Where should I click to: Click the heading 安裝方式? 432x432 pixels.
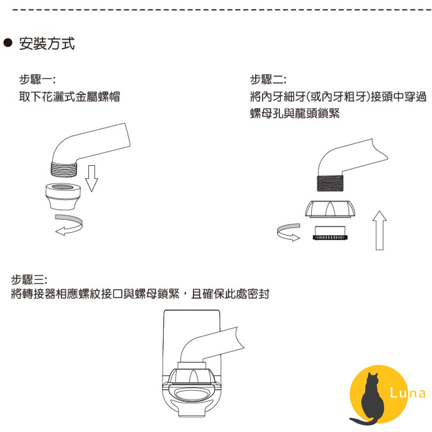point(47,44)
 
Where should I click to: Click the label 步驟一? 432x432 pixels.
point(37,80)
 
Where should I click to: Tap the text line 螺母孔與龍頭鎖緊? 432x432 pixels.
point(295,114)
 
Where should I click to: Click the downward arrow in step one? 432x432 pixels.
point(91,178)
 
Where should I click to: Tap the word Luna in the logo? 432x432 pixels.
point(407,393)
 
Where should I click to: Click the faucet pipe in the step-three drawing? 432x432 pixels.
point(216,341)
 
